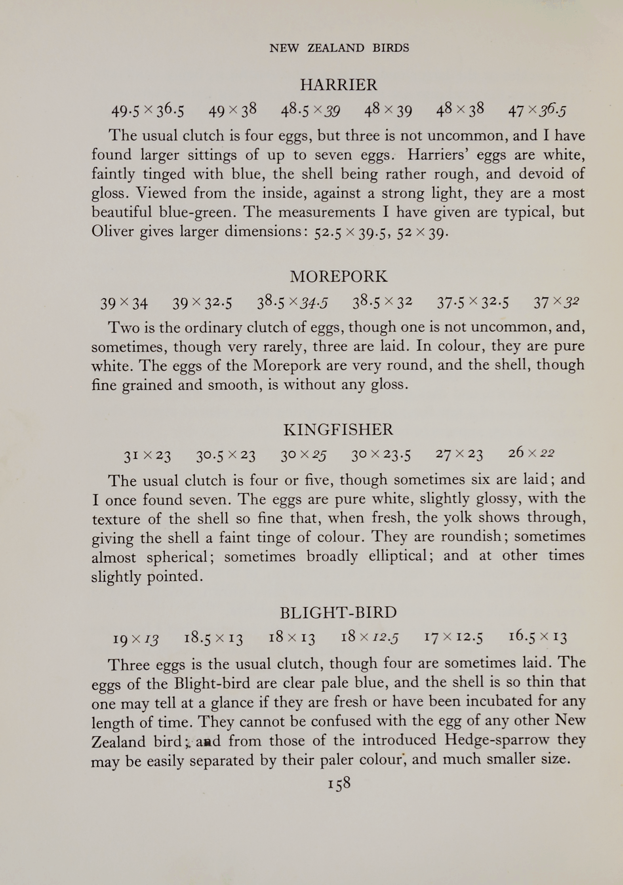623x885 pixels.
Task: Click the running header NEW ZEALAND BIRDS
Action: (x=339, y=48)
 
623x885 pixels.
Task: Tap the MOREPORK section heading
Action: (x=339, y=276)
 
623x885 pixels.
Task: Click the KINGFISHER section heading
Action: (x=339, y=430)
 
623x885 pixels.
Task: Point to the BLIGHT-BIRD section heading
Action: (x=339, y=613)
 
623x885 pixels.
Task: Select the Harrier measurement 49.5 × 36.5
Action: (x=147, y=111)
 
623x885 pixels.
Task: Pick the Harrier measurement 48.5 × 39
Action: (x=311, y=111)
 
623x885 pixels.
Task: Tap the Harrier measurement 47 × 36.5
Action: (x=537, y=111)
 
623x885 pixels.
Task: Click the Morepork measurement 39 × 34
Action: (x=124, y=304)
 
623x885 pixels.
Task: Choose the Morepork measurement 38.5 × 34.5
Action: (x=292, y=304)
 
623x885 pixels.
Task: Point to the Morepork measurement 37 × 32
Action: (x=556, y=303)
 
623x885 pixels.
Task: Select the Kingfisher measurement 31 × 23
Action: (x=147, y=457)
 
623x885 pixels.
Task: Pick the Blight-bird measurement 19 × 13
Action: (x=135, y=638)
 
